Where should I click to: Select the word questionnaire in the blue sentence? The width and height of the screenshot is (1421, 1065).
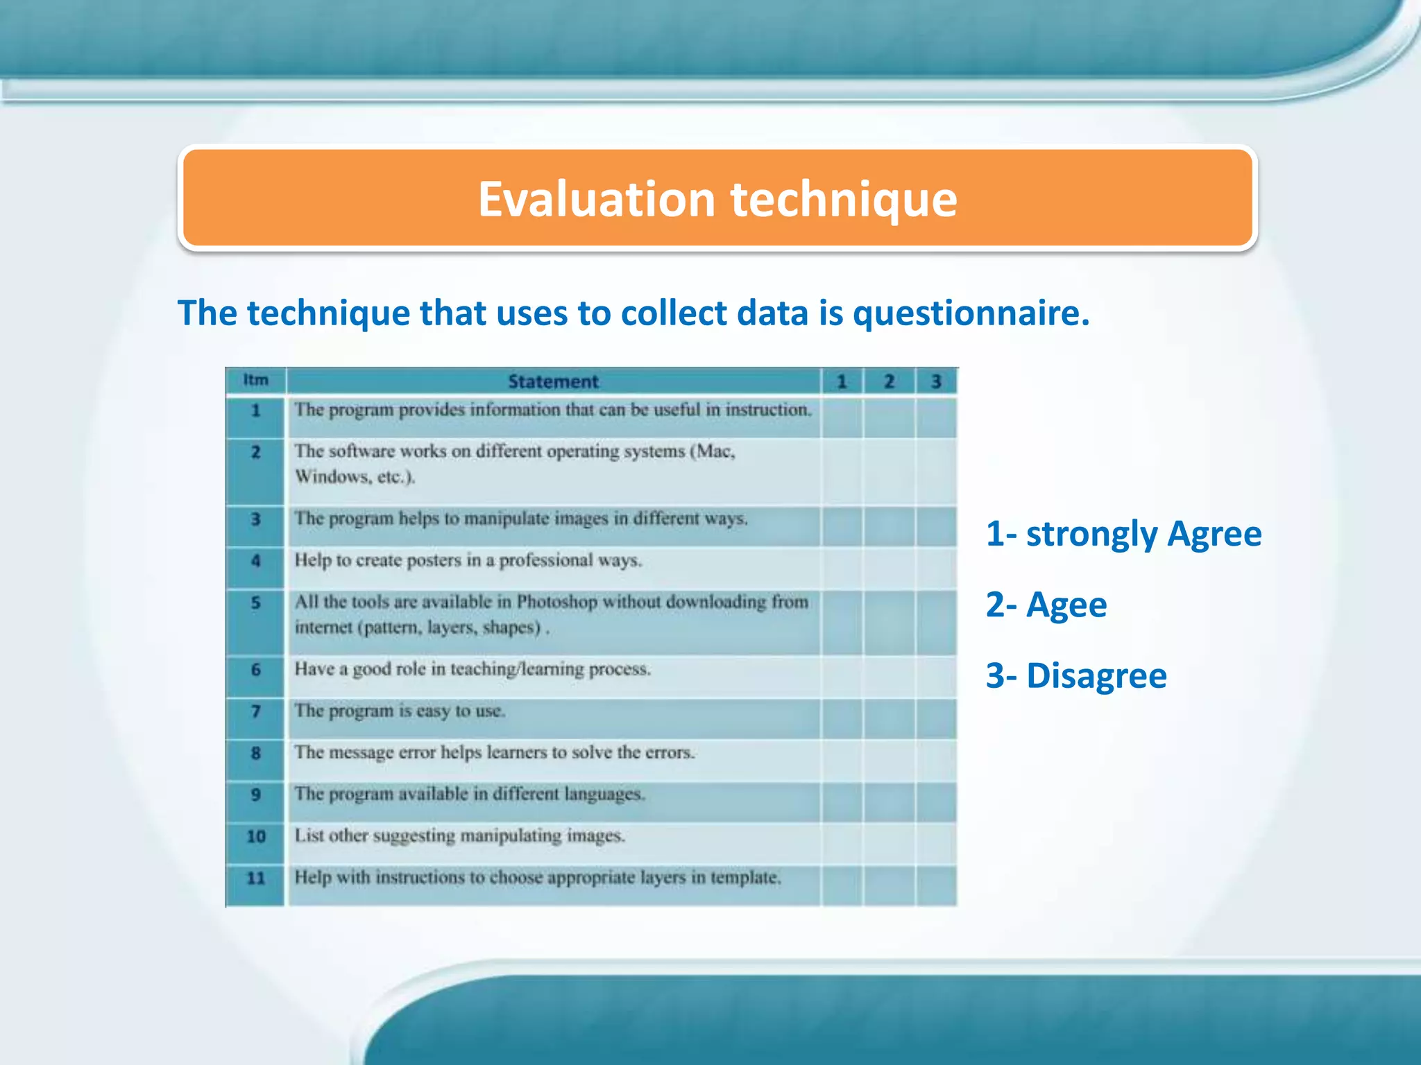[971, 313]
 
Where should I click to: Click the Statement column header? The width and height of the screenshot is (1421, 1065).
[553, 381]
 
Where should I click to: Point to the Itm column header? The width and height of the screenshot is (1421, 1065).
[255, 380]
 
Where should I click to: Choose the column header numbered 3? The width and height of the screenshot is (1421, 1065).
[936, 381]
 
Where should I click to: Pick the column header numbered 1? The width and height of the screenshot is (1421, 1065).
[842, 381]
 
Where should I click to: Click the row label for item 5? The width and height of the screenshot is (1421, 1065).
[255, 603]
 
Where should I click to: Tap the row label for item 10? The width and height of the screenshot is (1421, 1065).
[255, 836]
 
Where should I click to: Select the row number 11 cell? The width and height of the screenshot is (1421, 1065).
[255, 878]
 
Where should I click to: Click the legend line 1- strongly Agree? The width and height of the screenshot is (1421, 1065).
[1123, 534]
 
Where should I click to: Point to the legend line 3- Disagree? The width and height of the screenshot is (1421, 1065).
[1076, 675]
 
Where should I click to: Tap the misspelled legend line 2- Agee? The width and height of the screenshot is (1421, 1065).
[1046, 605]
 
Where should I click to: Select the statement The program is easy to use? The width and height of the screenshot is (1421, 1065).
[400, 711]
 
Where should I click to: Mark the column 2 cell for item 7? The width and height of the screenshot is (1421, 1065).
[889, 718]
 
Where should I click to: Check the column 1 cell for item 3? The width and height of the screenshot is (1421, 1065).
[842, 526]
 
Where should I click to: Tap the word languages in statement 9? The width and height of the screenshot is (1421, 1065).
[604, 794]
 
